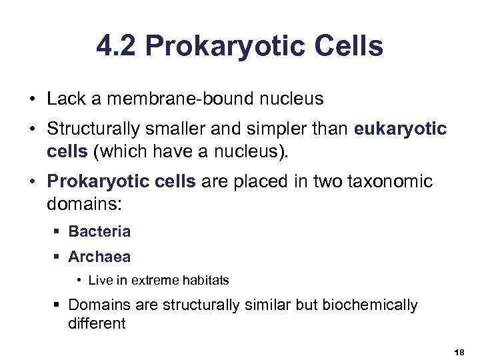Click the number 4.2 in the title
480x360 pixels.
tap(117, 47)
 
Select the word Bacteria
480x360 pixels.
tap(99, 232)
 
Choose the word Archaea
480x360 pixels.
tap(99, 257)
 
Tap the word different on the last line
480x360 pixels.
tap(97, 324)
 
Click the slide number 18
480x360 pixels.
tap(458, 351)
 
